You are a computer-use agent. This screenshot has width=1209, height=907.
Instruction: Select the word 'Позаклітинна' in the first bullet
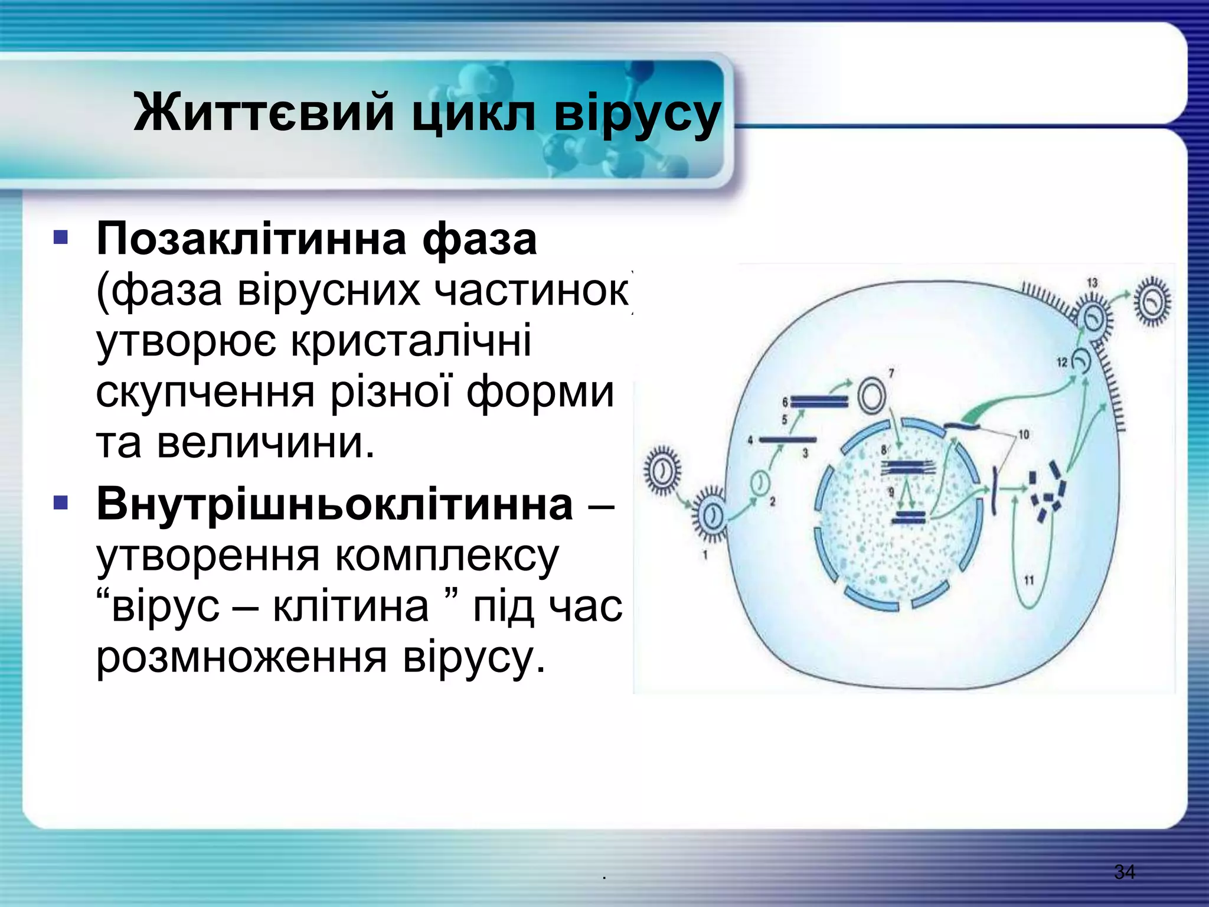251,239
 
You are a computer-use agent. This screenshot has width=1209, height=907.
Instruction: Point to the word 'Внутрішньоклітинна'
335,504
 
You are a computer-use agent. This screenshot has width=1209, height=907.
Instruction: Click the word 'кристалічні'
411,341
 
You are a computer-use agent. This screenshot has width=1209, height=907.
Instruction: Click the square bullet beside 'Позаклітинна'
61,238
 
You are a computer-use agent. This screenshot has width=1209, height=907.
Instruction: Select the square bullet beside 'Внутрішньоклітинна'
61,503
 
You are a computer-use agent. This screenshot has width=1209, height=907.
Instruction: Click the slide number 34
1124,872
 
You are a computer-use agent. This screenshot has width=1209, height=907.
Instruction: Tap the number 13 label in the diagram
1092,283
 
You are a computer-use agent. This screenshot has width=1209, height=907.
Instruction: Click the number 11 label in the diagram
1029,580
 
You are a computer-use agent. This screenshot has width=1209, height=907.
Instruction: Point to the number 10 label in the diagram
1024,435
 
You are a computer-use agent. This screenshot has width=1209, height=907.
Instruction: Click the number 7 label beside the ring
891,373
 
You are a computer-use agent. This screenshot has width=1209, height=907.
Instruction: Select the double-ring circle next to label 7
871,396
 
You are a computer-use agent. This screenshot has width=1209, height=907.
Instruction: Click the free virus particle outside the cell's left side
662,471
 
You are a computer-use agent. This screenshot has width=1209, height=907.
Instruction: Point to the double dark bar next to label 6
819,402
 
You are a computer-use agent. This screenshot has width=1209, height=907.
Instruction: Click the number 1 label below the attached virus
705,555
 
